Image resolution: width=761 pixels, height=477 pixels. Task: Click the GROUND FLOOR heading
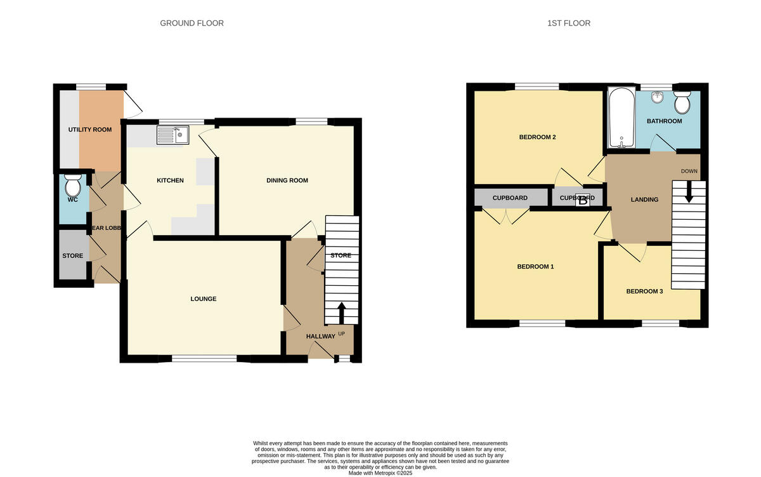coord(192,24)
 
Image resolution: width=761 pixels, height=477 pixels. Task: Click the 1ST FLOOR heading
coord(569,24)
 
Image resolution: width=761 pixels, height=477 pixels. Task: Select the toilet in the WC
coord(73,186)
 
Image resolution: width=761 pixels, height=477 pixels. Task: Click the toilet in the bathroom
coord(682,101)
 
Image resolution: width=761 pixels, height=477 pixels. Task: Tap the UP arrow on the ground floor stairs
coord(341,312)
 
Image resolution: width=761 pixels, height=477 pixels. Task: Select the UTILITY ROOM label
coord(90,130)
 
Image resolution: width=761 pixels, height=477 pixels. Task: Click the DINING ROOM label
coord(287,180)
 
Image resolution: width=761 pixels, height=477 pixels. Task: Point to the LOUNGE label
coord(204,299)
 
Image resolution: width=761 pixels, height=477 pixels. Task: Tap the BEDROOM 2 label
coord(538,137)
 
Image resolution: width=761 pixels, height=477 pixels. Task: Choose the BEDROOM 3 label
coord(644,292)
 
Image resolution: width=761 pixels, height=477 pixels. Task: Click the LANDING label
coord(644,199)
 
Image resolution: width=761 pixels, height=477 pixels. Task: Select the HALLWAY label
coord(320,336)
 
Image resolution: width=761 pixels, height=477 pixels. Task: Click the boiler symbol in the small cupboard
coord(583,199)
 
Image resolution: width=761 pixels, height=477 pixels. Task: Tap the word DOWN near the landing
coord(689,171)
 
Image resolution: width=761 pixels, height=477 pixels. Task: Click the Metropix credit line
coord(380,473)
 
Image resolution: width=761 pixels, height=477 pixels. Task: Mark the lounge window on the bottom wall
coord(204,359)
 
